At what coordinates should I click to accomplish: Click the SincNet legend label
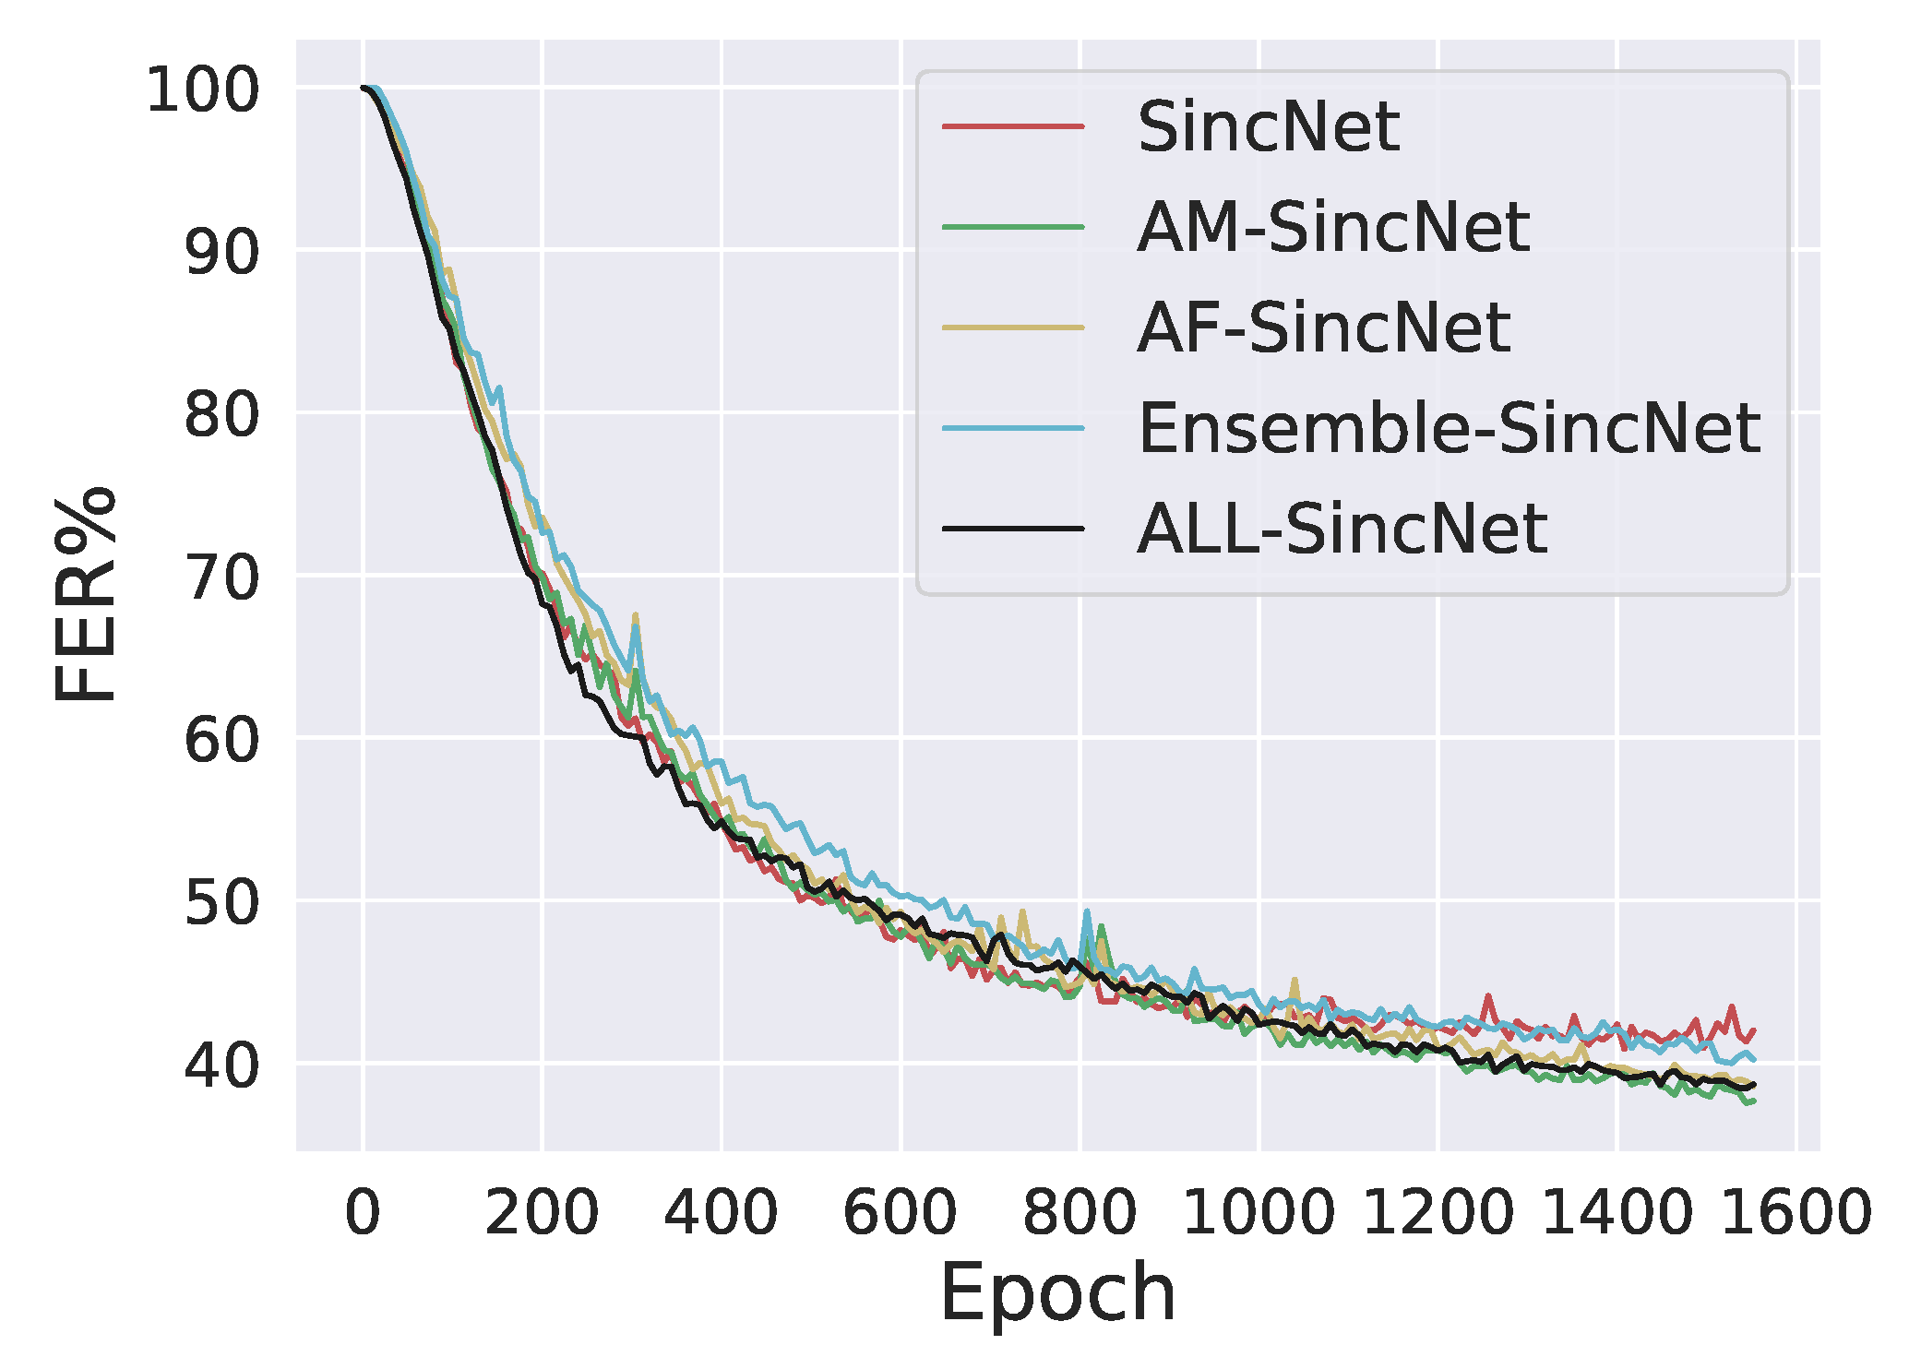point(1268,127)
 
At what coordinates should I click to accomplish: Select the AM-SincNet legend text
point(1332,228)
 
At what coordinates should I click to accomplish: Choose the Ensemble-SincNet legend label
point(1449,429)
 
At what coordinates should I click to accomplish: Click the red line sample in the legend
point(1012,125)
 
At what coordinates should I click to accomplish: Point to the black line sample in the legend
point(1012,529)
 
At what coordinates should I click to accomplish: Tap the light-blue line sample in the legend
point(1012,428)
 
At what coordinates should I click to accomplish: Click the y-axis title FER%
point(85,594)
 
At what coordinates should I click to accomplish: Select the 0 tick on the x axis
point(363,1213)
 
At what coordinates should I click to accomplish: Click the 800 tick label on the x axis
point(1079,1213)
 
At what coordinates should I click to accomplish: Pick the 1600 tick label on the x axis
point(1795,1213)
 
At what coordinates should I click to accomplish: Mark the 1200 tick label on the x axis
point(1437,1213)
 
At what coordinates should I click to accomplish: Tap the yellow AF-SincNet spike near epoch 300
point(636,614)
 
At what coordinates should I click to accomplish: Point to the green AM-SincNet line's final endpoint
point(1753,1101)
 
